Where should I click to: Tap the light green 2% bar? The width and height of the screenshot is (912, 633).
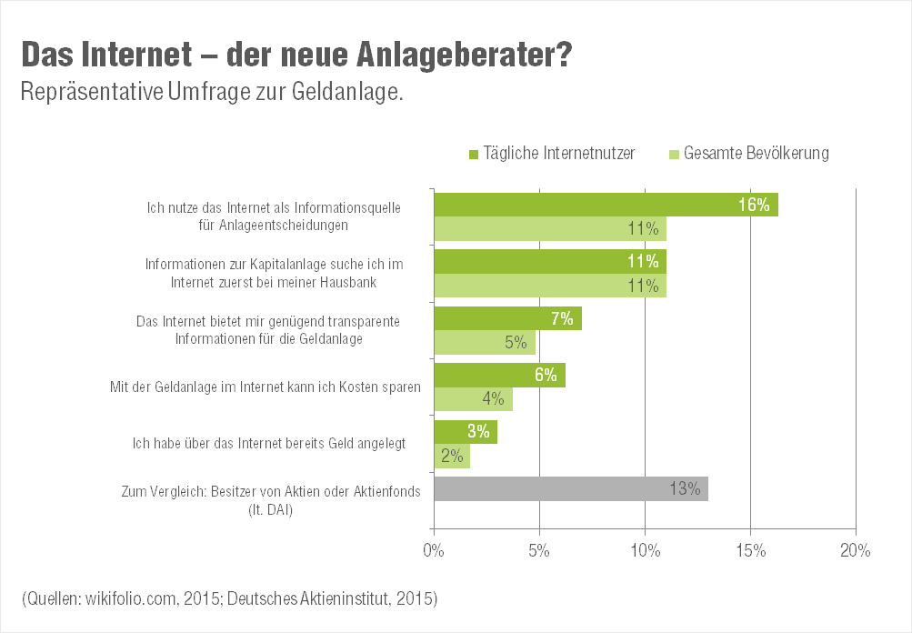pyautogui.click(x=452, y=456)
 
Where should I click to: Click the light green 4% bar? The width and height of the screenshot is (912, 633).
pyautogui.click(x=473, y=398)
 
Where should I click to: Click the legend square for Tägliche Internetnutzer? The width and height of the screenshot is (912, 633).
pyautogui.click(x=474, y=154)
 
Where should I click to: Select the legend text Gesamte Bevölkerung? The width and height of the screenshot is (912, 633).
pyautogui.click(x=756, y=153)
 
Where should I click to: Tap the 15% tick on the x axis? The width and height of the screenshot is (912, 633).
pyautogui.click(x=750, y=550)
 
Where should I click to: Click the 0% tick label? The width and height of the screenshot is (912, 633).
pyautogui.click(x=434, y=550)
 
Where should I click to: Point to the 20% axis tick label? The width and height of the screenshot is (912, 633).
pyautogui.click(x=856, y=550)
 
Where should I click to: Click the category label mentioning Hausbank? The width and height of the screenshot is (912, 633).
pyautogui.click(x=274, y=273)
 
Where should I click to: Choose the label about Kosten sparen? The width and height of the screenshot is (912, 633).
pyautogui.click(x=264, y=387)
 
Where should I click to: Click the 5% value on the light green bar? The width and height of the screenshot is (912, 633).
pyautogui.click(x=516, y=342)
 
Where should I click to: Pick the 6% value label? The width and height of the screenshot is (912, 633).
pyautogui.click(x=546, y=375)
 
